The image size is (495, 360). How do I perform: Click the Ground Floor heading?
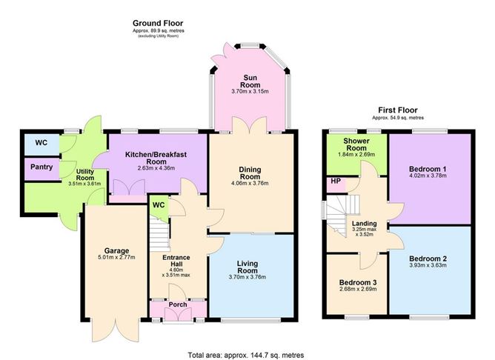(158, 23)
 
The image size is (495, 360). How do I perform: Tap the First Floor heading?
(398, 110)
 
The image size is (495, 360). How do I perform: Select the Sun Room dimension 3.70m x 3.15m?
(250, 92)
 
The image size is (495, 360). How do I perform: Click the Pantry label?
(41, 167)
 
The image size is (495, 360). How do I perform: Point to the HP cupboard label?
(336, 181)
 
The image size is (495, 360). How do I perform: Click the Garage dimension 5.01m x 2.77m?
(116, 258)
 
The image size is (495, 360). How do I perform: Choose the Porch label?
(178, 304)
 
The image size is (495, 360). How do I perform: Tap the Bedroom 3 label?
(358, 282)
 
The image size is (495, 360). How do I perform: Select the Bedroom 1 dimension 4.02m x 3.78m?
(428, 176)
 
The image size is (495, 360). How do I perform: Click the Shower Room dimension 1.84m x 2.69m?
(356, 155)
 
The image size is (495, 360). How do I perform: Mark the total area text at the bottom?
(246, 356)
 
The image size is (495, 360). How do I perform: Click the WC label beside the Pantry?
(41, 143)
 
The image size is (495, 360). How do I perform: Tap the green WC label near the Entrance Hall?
(159, 205)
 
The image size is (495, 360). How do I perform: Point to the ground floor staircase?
(159, 235)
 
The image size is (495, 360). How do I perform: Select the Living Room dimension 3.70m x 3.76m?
(247, 277)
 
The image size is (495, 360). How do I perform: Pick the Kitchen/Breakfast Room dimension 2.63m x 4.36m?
(156, 168)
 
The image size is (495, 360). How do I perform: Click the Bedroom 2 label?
(428, 259)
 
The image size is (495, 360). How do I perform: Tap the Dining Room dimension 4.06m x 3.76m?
(250, 183)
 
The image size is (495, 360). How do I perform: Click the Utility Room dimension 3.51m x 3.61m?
(84, 184)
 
